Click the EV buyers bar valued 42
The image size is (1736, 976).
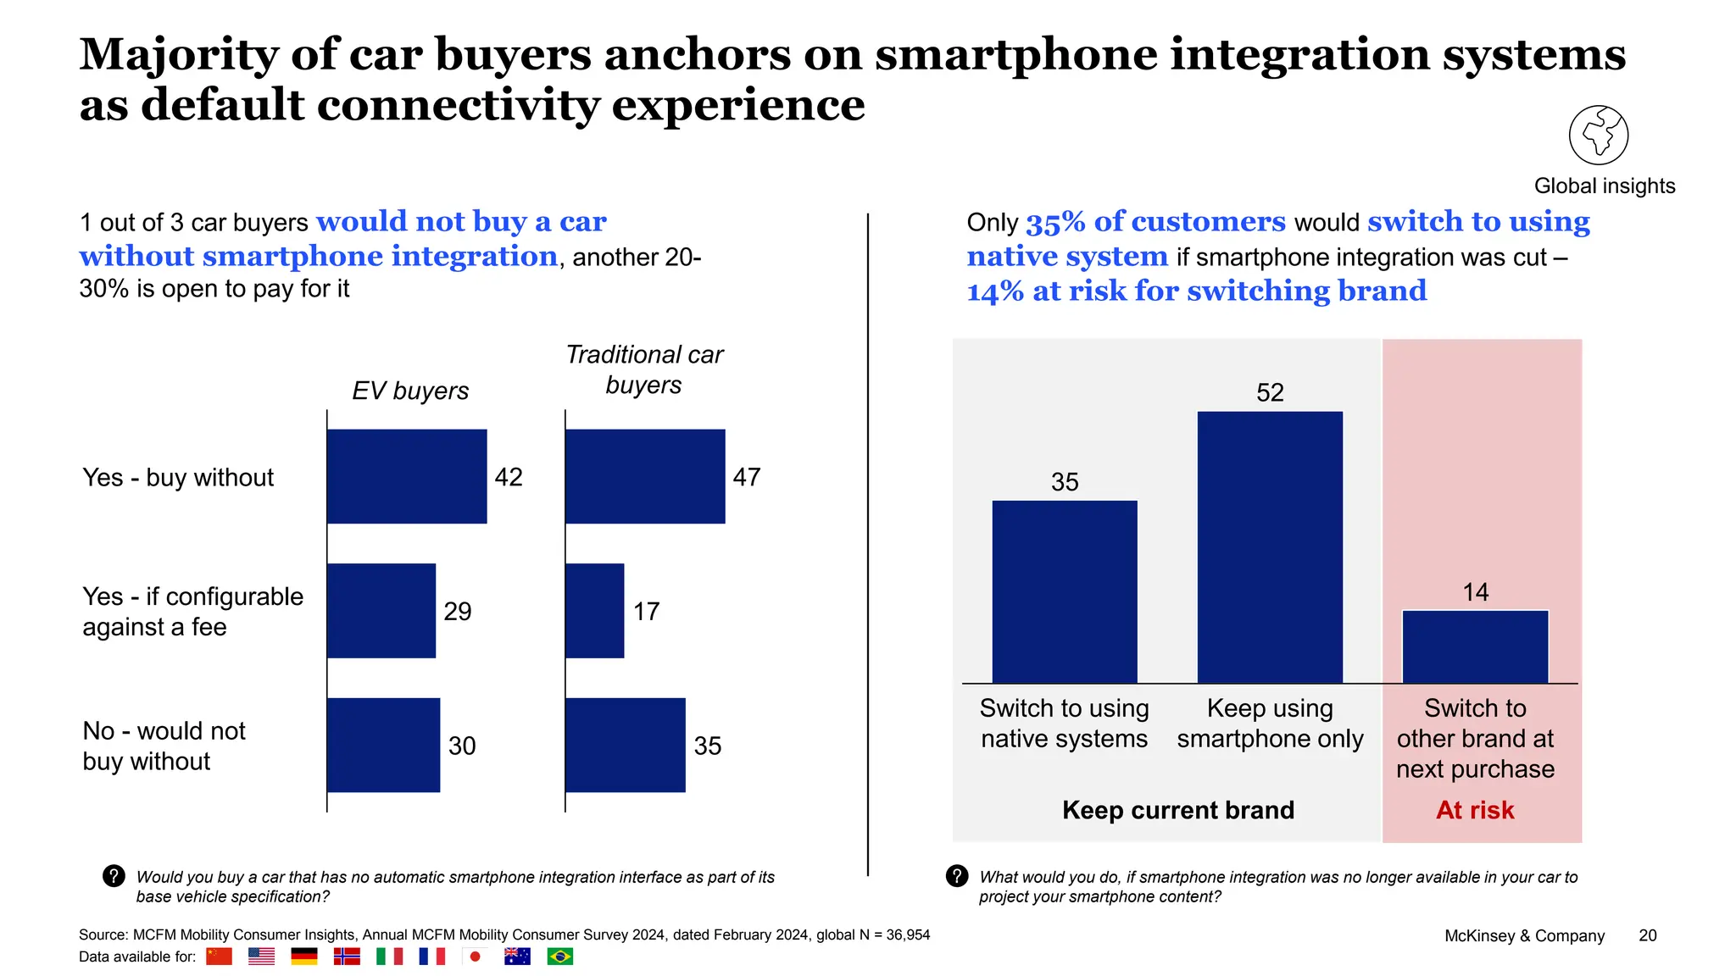pyautogui.click(x=407, y=476)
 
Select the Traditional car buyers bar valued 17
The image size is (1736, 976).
pyautogui.click(x=594, y=611)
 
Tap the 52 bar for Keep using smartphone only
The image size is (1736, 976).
pyautogui.click(x=1270, y=547)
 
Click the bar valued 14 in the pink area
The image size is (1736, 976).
pyautogui.click(x=1475, y=646)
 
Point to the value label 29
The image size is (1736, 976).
pyautogui.click(x=458, y=612)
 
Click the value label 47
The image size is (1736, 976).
pyautogui.click(x=747, y=477)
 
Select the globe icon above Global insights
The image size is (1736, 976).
pyautogui.click(x=1598, y=136)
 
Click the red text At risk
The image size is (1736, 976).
pyautogui.click(x=1475, y=811)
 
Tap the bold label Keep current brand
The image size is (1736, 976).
pyautogui.click(x=1178, y=811)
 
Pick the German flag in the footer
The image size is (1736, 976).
pyautogui.click(x=303, y=957)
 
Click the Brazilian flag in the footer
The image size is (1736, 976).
pyautogui.click(x=559, y=957)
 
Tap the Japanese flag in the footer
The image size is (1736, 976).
pyautogui.click(x=475, y=957)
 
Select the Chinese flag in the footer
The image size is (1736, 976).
pyautogui.click(x=219, y=957)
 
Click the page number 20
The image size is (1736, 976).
pyautogui.click(x=1647, y=935)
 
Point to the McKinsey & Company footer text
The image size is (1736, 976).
pyautogui.click(x=1524, y=936)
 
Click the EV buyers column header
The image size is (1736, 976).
pyautogui.click(x=410, y=391)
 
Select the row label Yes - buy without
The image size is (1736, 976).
pyautogui.click(x=178, y=478)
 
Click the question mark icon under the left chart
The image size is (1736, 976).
pyautogui.click(x=114, y=876)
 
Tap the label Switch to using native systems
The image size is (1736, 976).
pyautogui.click(x=1064, y=724)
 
